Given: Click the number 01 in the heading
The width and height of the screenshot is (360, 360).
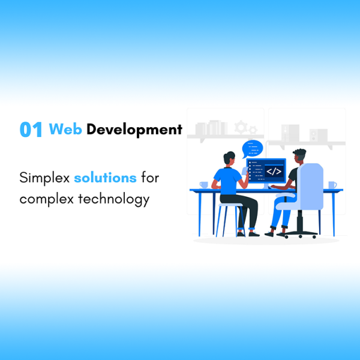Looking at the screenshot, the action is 31,130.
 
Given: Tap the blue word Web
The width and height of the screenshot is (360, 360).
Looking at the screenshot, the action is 65,129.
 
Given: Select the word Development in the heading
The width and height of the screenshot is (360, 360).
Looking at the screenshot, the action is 134,130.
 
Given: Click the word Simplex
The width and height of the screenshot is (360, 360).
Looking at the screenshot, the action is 44,178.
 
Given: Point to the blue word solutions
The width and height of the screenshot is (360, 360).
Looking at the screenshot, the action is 106,178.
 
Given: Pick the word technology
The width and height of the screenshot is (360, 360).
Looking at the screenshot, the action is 114,199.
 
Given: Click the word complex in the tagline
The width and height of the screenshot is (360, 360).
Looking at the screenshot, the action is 47,199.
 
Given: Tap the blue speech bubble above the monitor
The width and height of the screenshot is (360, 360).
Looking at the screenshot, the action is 253,149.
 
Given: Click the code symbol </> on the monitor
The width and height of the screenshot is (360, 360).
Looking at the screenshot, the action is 274,171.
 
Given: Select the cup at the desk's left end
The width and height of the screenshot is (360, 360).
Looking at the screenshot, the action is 204,185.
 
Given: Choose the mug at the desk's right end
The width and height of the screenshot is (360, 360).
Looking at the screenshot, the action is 332,185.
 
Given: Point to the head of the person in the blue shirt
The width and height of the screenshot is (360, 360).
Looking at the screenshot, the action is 229,157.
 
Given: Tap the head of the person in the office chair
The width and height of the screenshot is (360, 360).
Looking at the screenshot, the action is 299,155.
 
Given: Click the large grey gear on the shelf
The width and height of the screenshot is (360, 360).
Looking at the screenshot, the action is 241,127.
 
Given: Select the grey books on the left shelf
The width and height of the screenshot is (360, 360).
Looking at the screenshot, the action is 211,128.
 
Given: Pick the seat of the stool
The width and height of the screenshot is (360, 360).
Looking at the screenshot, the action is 230,205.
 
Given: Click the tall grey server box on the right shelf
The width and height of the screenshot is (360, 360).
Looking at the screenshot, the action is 290,133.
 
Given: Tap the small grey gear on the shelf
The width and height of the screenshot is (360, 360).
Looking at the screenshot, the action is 253,130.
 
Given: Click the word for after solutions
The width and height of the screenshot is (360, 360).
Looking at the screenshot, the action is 150,178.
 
